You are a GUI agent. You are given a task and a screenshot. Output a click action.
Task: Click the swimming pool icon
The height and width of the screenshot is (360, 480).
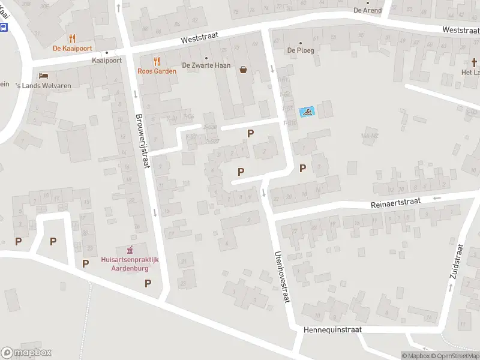click(x=307, y=112)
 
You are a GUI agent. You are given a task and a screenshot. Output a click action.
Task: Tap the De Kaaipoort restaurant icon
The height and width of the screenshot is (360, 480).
click(x=72, y=39)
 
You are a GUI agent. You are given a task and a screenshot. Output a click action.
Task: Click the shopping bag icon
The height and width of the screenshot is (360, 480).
click(x=244, y=69)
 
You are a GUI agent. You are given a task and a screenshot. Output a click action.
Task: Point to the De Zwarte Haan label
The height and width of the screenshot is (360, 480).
click(x=206, y=65)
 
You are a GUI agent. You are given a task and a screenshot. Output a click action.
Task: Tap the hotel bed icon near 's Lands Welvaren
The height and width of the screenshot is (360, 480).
click(x=44, y=76)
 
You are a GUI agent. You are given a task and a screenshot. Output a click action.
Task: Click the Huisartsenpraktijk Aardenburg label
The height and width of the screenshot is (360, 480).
click(x=130, y=263)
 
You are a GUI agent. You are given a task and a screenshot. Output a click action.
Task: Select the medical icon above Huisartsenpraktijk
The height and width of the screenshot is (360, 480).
click(x=130, y=250)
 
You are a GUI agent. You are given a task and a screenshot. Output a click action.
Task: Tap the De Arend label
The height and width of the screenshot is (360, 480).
click(x=367, y=10)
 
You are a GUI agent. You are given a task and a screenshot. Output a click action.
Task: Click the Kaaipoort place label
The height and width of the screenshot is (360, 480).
click(x=106, y=60)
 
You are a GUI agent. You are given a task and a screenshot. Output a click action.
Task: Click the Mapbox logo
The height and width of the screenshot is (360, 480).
click(x=26, y=353)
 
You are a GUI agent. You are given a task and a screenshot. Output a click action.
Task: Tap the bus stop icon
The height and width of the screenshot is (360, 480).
click(x=4, y=28)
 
